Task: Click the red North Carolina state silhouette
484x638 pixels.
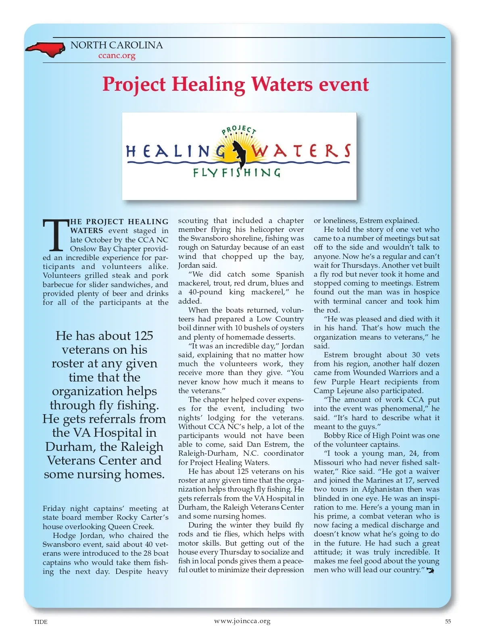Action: tap(45, 49)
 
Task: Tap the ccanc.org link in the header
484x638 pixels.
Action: tap(117, 56)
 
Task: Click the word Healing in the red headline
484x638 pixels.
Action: tap(208, 84)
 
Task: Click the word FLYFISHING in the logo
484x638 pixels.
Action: tap(236, 173)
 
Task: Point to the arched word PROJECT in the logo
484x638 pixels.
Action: tap(239, 130)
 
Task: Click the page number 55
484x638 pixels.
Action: tap(448, 621)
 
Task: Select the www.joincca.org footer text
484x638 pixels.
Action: tap(242, 621)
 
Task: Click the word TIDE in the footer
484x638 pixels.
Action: tap(40, 622)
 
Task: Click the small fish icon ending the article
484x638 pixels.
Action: tap(430, 570)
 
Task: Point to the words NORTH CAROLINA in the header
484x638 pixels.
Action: tap(117, 45)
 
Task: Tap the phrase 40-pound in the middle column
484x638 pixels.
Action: tap(205, 292)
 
